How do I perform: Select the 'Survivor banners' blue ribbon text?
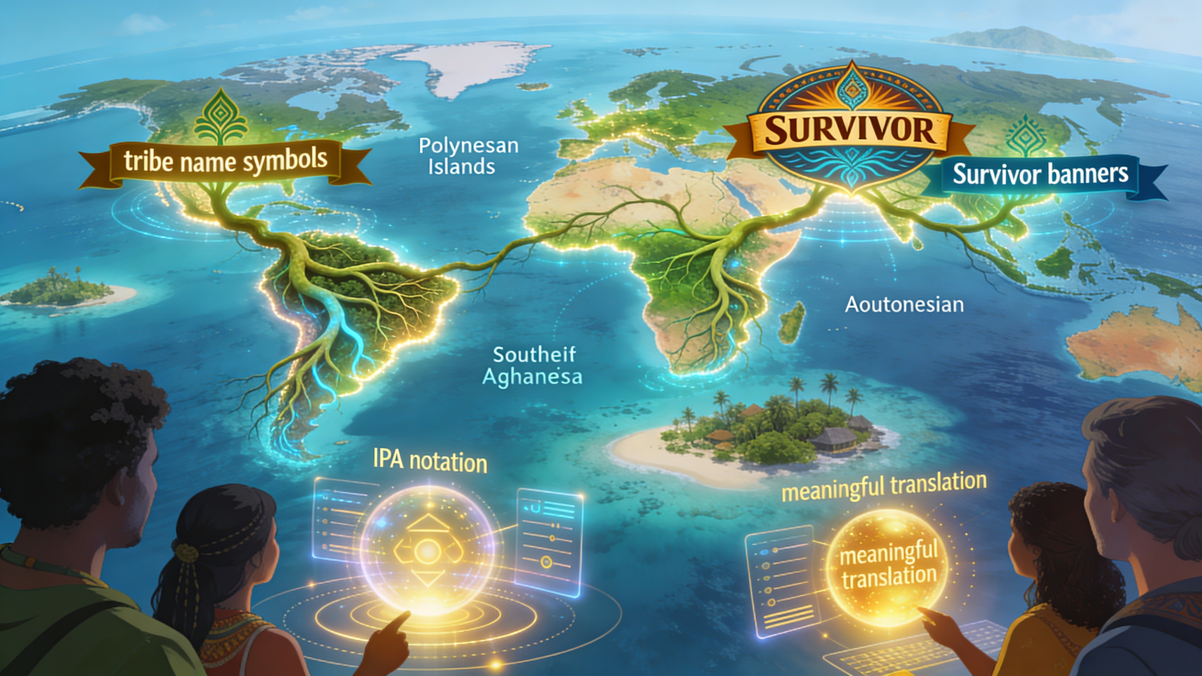pyautogui.click(x=1040, y=174)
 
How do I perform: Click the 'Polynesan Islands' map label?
pyautogui.click(x=468, y=156)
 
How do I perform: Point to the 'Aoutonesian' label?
pyautogui.click(x=904, y=305)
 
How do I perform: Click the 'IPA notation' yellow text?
pyautogui.click(x=430, y=461)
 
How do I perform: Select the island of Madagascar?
pyautogui.click(x=793, y=322)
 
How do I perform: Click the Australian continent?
pyautogui.click(x=1139, y=345)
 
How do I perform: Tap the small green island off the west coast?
pyautogui.click(x=61, y=289)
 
